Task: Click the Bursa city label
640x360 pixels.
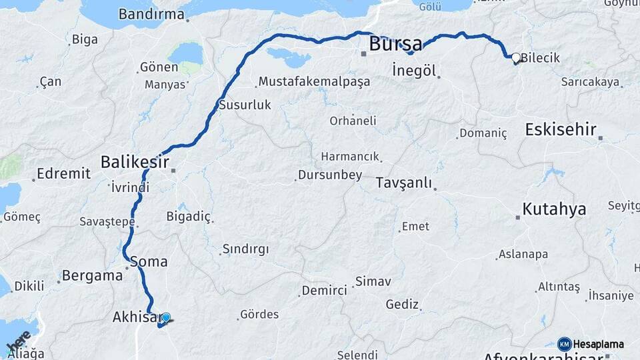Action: (395, 45)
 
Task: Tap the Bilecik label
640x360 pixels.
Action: (540, 58)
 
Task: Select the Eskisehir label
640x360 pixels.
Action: (560, 129)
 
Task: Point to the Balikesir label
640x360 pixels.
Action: (134, 161)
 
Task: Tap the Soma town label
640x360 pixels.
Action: (149, 261)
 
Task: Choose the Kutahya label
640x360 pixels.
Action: (554, 209)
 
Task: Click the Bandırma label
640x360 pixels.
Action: (151, 14)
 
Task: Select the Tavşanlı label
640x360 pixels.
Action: (403, 183)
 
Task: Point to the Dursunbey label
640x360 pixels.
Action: (329, 175)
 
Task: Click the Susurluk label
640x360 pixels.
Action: (245, 105)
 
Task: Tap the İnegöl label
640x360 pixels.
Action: (414, 71)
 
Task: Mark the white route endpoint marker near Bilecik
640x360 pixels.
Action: (515, 58)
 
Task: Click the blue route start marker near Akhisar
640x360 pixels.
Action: (165, 318)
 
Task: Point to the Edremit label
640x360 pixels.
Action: (63, 173)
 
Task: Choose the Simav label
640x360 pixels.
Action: (373, 281)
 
